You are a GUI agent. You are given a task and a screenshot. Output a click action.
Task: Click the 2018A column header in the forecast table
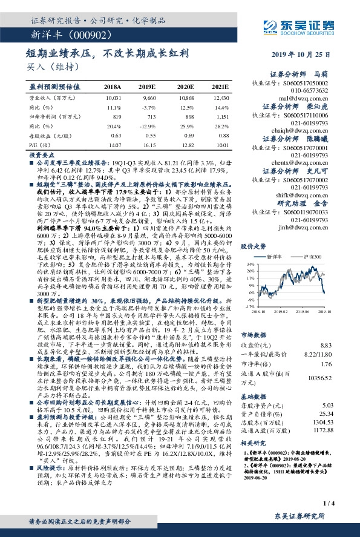[113, 87]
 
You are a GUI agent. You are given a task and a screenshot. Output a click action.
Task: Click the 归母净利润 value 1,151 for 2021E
[222, 116]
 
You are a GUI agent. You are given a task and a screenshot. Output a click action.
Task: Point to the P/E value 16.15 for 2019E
[149, 145]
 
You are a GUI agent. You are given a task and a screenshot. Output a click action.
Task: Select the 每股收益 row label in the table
[49, 136]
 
